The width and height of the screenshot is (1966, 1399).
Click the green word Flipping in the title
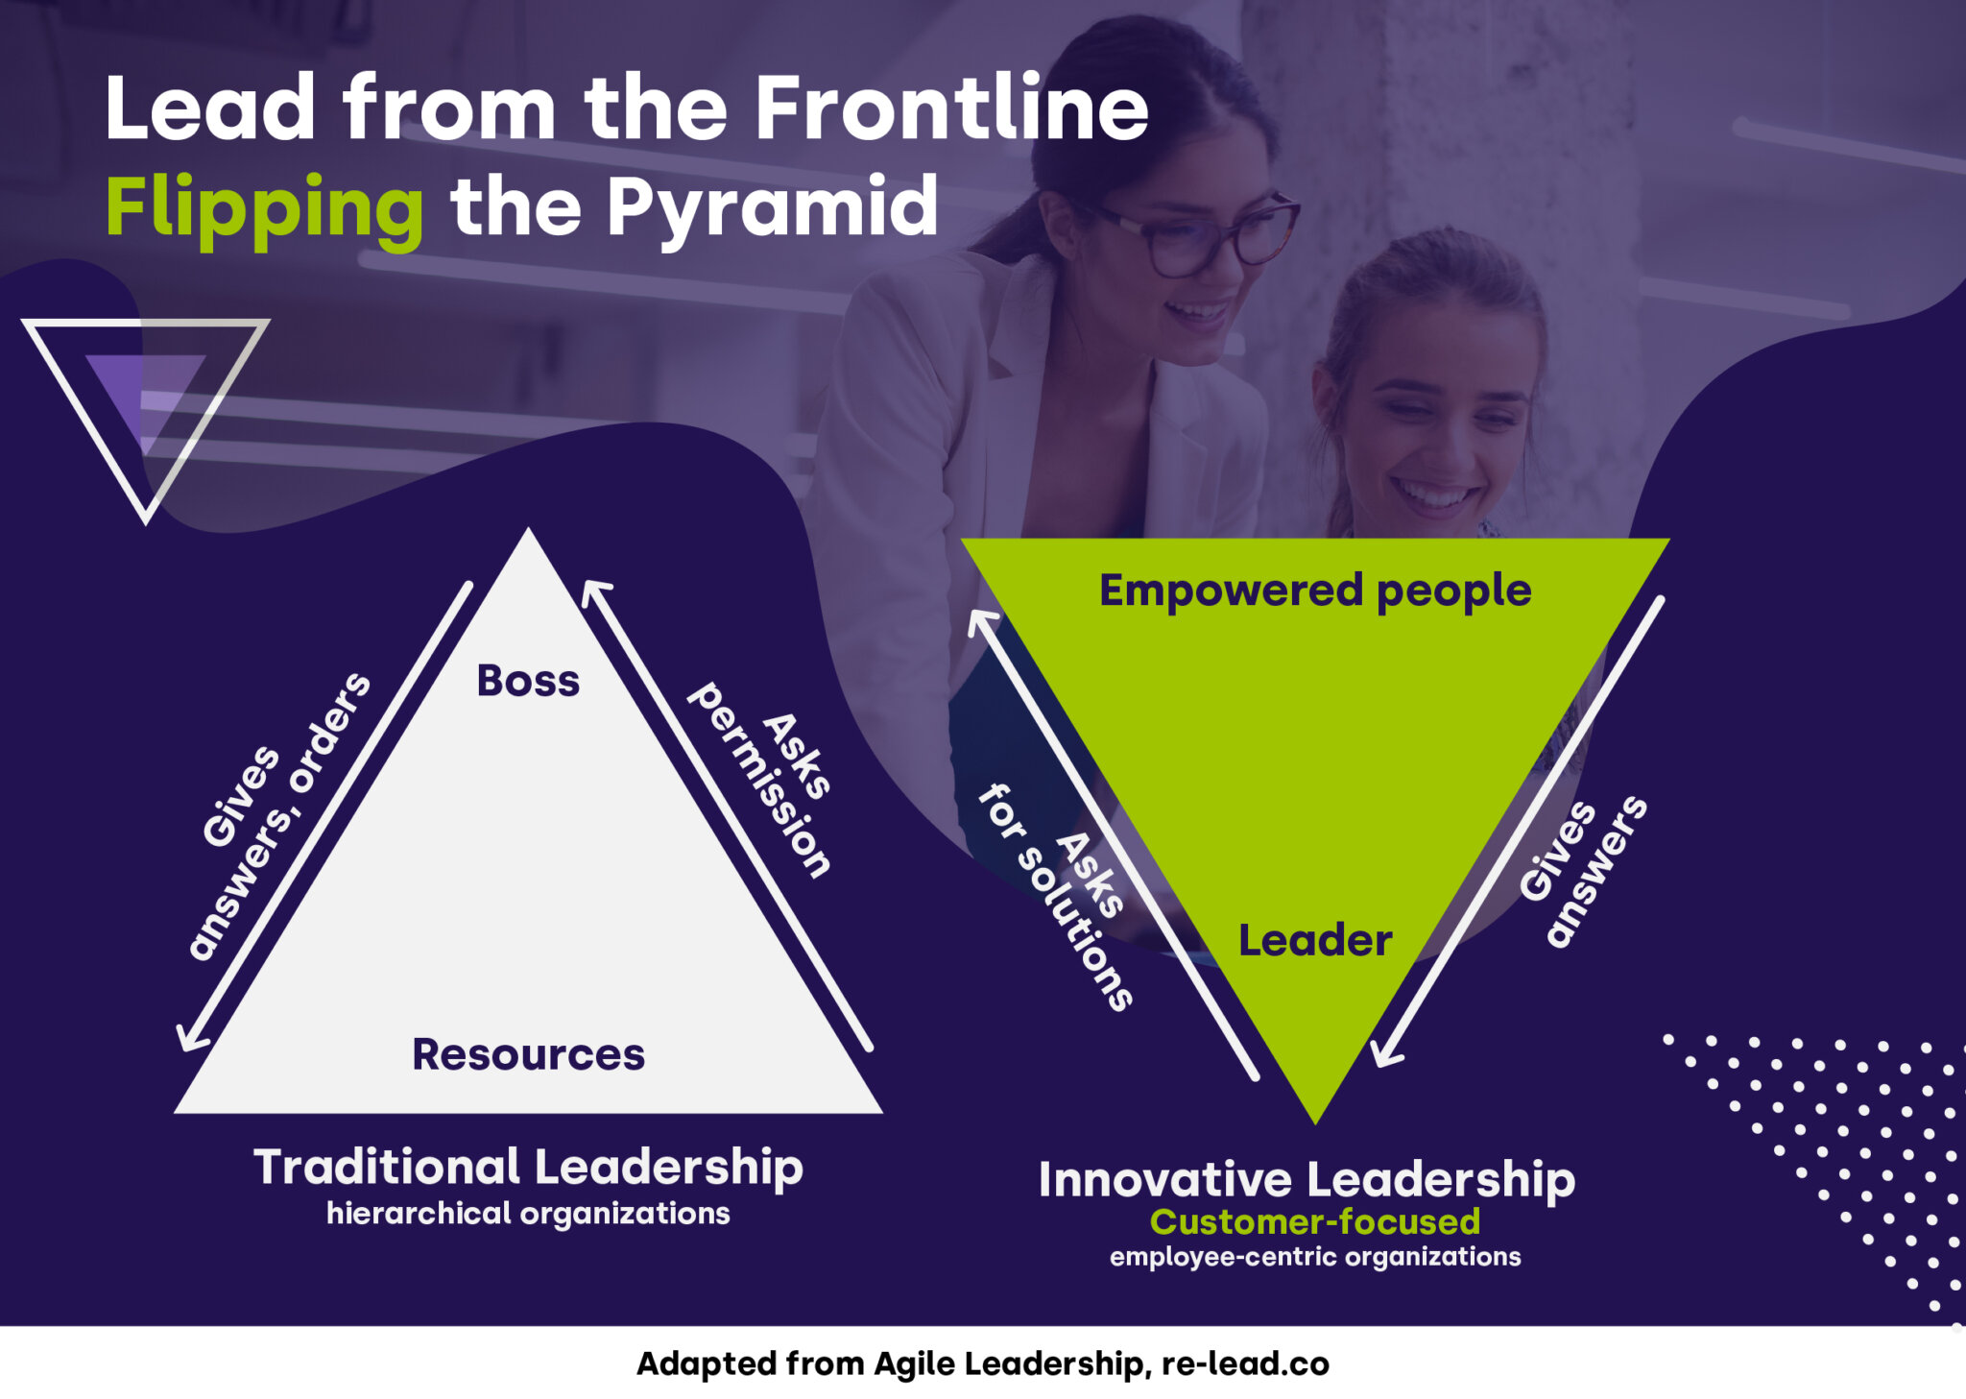(264, 209)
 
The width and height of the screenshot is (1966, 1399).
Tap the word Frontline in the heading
(950, 108)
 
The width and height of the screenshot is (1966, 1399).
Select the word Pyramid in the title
(772, 207)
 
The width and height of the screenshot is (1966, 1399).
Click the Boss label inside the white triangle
(528, 681)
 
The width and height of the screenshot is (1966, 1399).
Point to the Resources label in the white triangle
(528, 1054)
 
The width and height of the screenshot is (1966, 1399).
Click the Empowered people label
(1314, 591)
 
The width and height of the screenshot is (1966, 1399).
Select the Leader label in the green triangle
(1314, 940)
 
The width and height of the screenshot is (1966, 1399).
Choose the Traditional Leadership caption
(528, 1168)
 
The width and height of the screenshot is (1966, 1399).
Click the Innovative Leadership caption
(1307, 1180)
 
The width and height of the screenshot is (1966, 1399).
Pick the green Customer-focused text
(1314, 1222)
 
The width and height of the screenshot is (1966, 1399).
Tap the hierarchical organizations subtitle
(528, 1214)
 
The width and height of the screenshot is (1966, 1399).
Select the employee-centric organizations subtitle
(1314, 1257)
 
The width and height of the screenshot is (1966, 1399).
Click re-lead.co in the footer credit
(1245, 1364)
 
